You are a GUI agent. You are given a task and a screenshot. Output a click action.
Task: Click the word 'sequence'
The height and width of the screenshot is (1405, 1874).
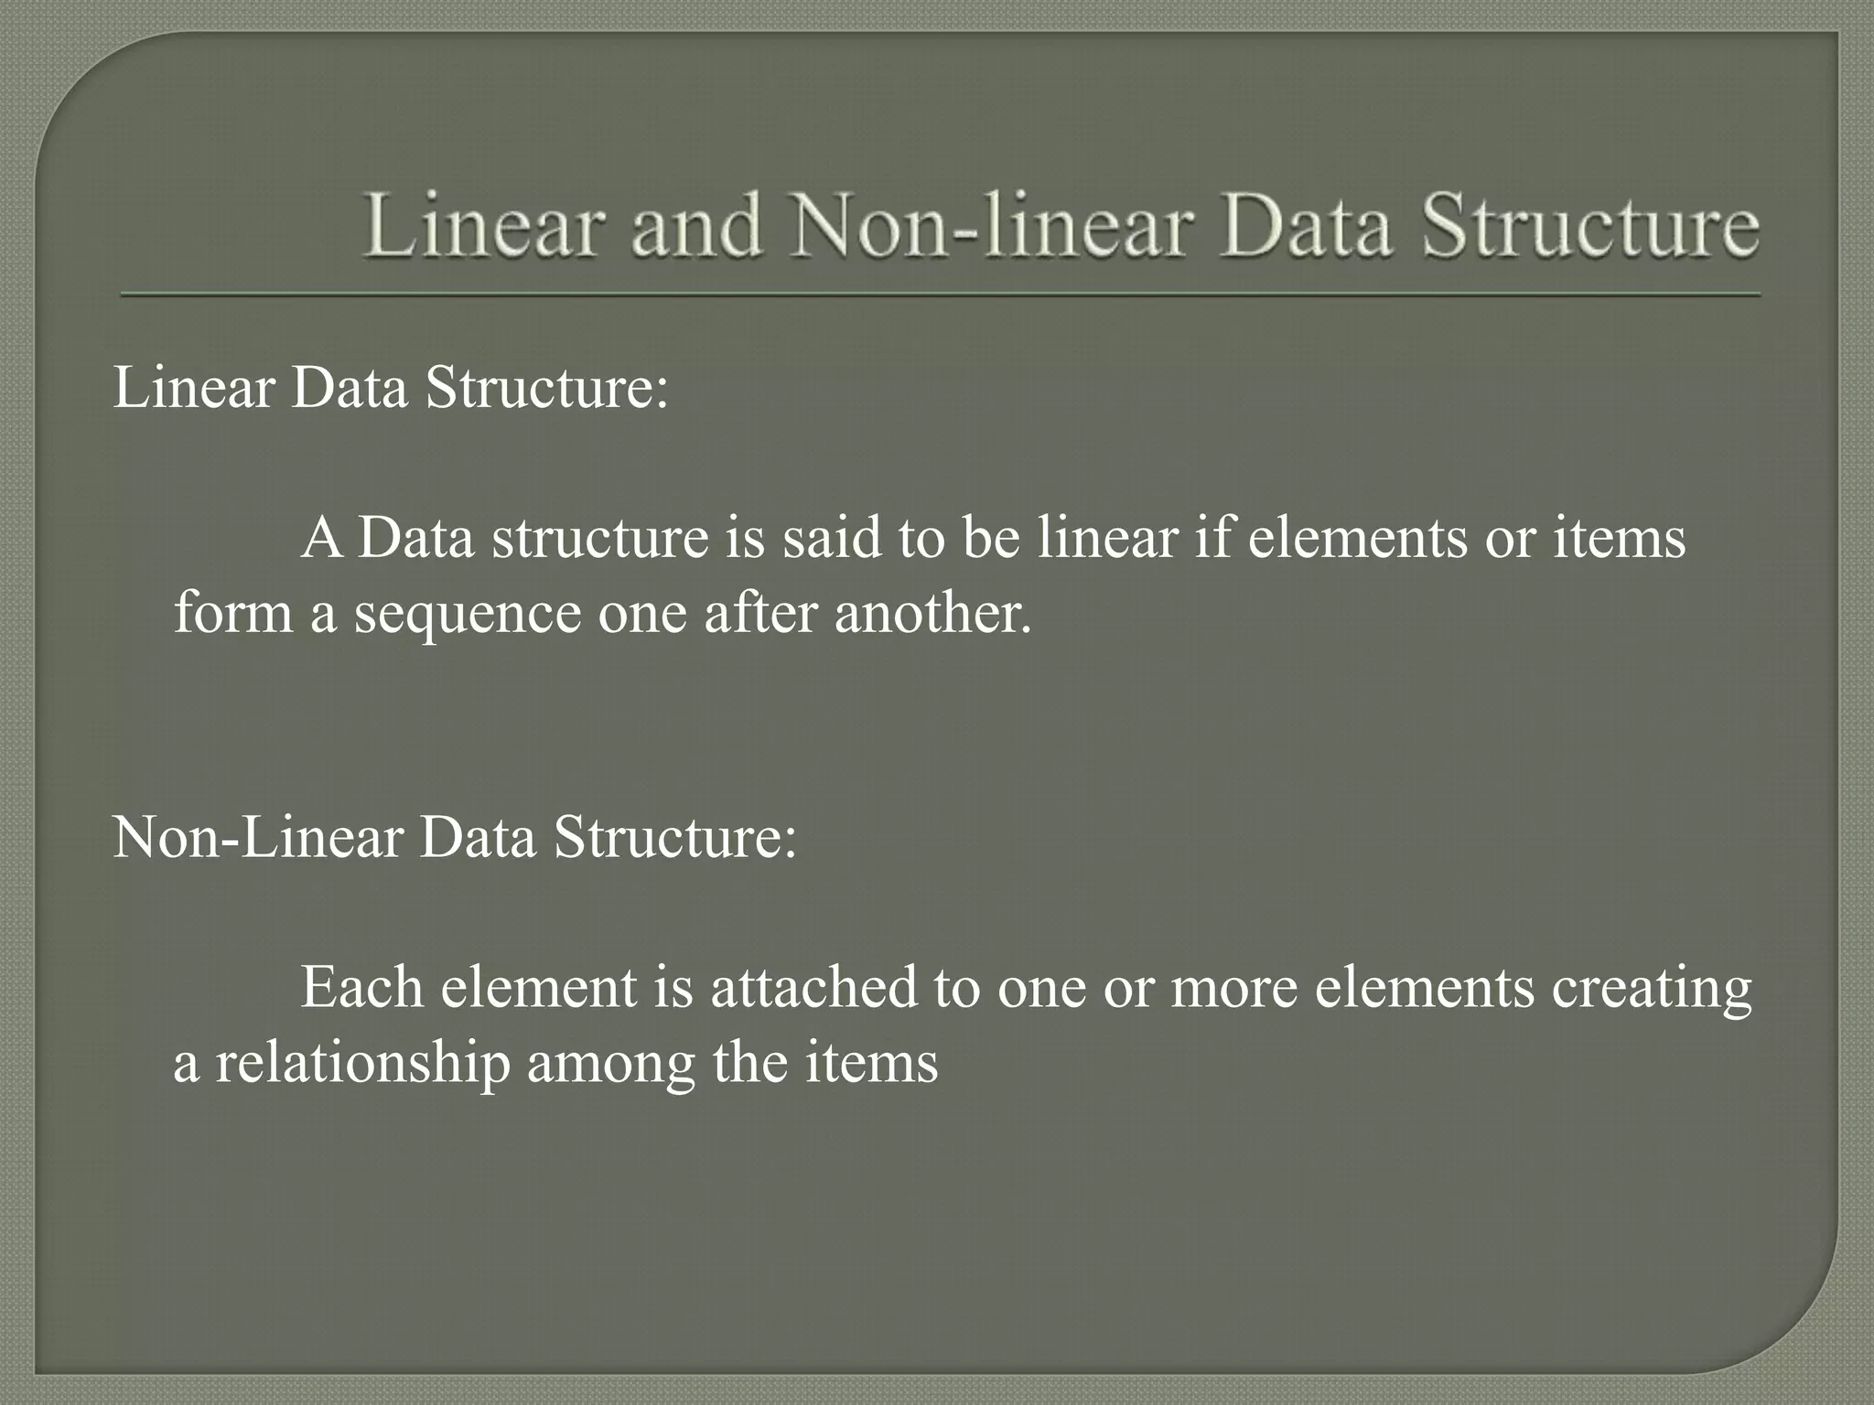[467, 614]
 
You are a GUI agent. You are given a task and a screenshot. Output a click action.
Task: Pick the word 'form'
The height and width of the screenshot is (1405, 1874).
[232, 612]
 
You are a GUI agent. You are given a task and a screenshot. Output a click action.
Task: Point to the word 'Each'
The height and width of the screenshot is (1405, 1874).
[361, 988]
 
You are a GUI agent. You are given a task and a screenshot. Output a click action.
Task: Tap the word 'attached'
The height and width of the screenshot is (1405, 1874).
[813, 988]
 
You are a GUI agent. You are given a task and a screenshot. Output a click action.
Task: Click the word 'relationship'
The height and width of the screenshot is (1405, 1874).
[362, 1064]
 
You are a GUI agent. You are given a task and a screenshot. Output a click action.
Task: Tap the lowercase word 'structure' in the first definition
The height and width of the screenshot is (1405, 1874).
[599, 537]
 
